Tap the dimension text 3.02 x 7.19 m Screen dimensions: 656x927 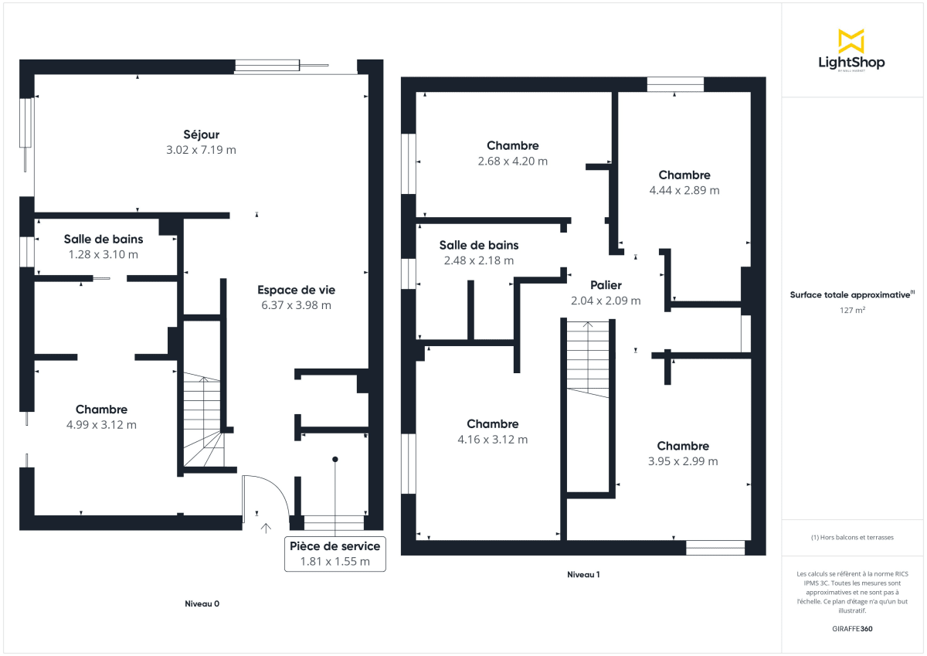[201, 150]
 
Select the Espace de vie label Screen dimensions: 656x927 [296, 290]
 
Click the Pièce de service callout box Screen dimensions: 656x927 [334, 554]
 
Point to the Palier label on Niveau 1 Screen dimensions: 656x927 [606, 285]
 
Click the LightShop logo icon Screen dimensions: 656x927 [851, 41]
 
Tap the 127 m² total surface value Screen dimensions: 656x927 [852, 311]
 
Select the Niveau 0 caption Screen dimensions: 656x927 [202, 603]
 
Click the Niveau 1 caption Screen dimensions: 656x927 [583, 575]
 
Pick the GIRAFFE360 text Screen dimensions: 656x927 [853, 629]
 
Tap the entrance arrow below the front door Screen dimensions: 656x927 [267, 529]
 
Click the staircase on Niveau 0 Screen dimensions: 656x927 [202, 421]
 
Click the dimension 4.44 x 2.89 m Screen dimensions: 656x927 [684, 190]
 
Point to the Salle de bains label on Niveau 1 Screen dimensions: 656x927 [479, 245]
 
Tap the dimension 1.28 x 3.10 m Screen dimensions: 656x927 [103, 253]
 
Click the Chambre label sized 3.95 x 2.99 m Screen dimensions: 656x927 [683, 446]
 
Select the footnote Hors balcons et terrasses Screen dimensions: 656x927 [852, 537]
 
